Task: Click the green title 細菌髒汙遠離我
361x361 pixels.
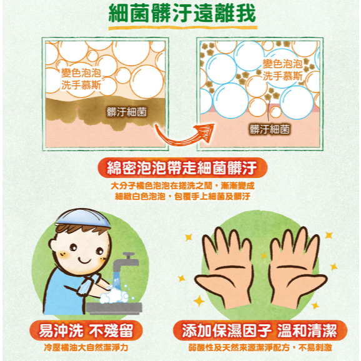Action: point(182,14)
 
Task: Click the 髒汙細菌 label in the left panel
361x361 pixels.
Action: point(127,112)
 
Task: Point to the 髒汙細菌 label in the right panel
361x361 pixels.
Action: point(270,129)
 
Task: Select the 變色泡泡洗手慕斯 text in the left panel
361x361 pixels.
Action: point(81,79)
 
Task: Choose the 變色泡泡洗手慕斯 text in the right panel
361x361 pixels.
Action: point(283,70)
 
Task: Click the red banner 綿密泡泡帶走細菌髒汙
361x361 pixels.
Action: point(182,168)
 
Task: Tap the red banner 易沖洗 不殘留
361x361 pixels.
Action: point(86,331)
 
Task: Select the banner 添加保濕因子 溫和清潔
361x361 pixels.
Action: point(260,331)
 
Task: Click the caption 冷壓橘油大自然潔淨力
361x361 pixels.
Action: point(86,348)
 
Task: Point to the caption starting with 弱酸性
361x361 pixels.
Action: point(260,348)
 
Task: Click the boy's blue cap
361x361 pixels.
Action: point(83,217)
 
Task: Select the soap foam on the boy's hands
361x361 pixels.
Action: point(114,295)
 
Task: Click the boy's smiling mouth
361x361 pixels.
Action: point(84,260)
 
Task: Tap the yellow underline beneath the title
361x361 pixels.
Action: point(183,28)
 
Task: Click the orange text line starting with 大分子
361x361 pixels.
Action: point(182,185)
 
